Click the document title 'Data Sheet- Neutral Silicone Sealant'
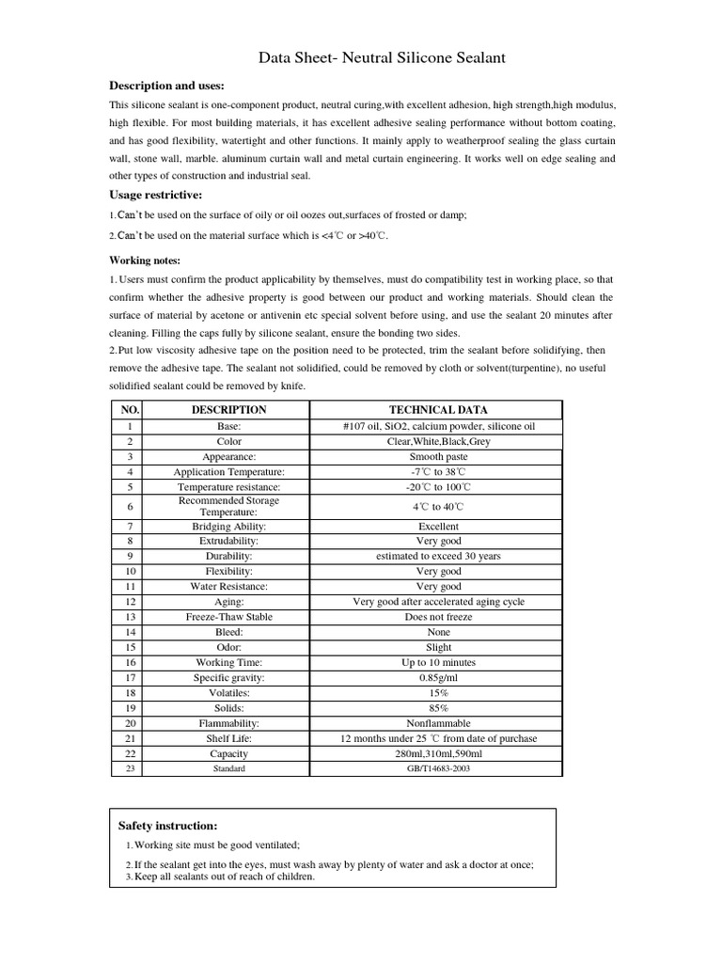click(382, 58)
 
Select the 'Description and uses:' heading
click(166, 87)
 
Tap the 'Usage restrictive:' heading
click(156, 195)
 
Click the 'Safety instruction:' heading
click(167, 825)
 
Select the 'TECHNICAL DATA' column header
click(438, 410)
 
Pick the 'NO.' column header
click(130, 410)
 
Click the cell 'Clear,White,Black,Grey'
click(438, 441)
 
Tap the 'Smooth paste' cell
click(438, 456)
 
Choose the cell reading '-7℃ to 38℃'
click(438, 471)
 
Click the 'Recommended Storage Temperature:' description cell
click(228, 506)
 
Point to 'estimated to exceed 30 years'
click(438, 556)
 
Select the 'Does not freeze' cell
click(438, 617)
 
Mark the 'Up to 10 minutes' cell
click(438, 662)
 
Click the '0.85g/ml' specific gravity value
click(438, 677)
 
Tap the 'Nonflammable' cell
click(438, 723)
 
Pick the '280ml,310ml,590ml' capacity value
click(438, 753)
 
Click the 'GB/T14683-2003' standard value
click(438, 768)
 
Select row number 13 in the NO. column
click(130, 617)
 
